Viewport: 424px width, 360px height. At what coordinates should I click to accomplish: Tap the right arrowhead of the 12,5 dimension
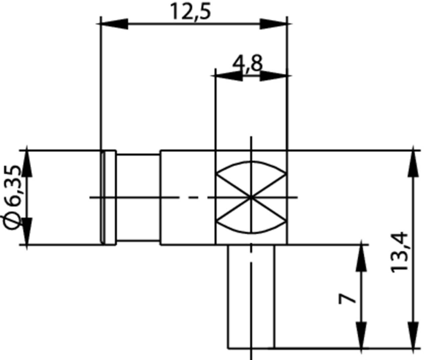click(273, 24)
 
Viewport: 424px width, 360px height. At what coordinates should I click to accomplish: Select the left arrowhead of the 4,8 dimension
click(229, 76)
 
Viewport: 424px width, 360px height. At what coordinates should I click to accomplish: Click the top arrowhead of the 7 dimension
click(361, 258)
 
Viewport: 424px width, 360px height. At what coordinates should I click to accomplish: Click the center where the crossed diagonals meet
click(251, 197)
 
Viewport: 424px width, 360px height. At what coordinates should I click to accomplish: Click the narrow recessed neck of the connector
click(138, 197)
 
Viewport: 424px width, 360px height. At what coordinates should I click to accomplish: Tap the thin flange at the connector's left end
click(108, 197)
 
